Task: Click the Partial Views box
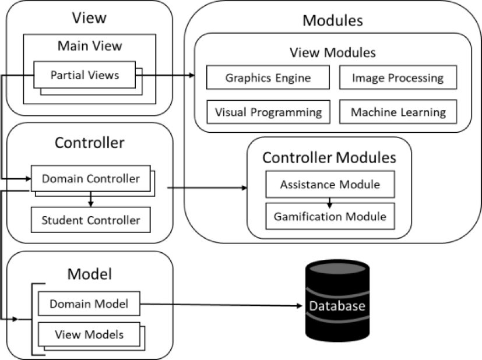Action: coord(85,75)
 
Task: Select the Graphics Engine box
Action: coord(268,77)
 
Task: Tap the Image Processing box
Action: coord(397,77)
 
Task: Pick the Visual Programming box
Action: coord(268,111)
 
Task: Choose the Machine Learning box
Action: coord(397,111)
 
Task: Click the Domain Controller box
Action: coord(90,179)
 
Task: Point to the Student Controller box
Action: coord(90,220)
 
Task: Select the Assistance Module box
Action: coord(330,185)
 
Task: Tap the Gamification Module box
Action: coord(330,217)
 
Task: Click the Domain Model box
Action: coord(88,303)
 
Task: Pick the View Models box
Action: coord(89,334)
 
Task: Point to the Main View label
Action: coord(89,45)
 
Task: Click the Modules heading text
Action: coord(333,21)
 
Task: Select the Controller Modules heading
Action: coord(329,157)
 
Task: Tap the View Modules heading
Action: coord(333,52)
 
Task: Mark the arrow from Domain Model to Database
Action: coord(221,305)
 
